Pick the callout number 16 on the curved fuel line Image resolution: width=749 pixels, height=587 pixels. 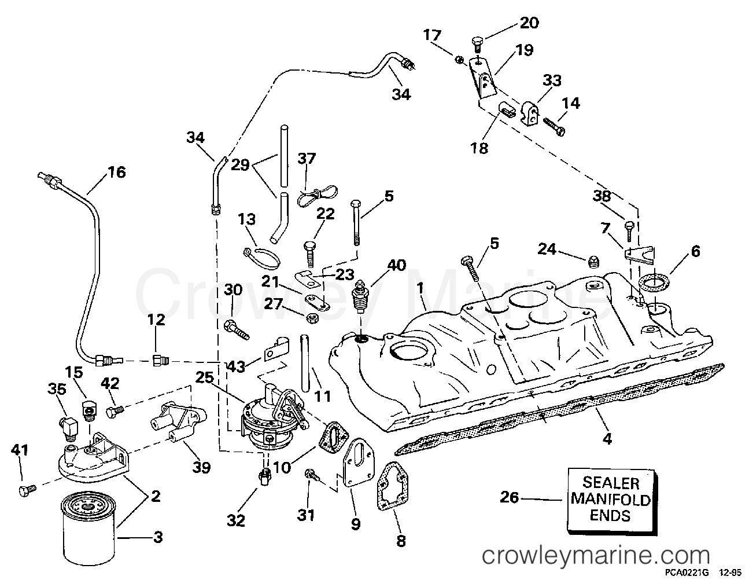[116, 173]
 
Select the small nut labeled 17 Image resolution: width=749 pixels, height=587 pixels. [458, 59]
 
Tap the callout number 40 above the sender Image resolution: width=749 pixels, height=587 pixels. [397, 266]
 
